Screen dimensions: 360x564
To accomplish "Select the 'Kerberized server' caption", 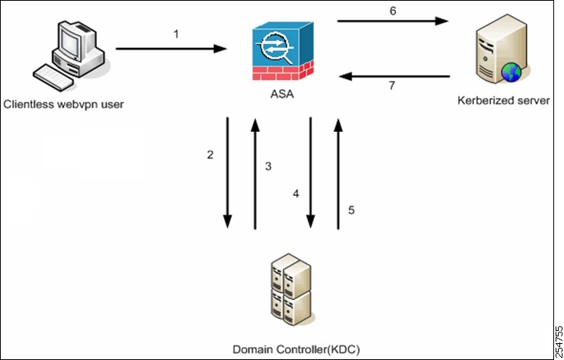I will [x=502, y=100].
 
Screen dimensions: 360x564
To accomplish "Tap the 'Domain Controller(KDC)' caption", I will [x=296, y=349].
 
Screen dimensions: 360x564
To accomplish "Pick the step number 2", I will [x=210, y=155].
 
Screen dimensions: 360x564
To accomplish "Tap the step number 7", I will [x=392, y=86].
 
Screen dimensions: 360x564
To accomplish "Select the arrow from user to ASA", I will [x=172, y=49].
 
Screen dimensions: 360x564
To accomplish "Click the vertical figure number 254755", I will [x=558, y=339].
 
